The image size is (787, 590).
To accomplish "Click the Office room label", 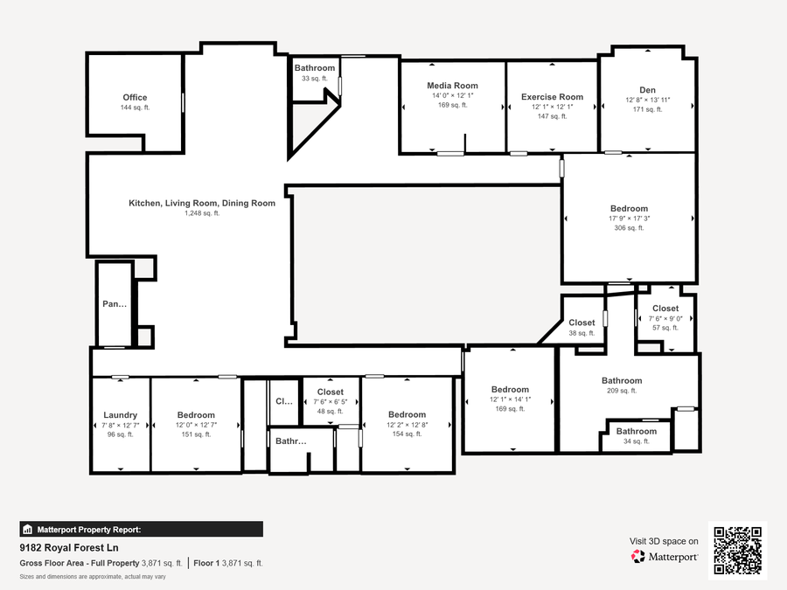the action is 135,97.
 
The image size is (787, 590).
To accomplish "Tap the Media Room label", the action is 452,86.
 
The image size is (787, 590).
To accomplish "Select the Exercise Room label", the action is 552,97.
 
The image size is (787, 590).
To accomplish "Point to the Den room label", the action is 647,90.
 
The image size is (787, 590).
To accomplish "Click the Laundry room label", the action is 120,415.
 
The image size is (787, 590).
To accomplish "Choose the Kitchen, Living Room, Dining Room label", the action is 202,203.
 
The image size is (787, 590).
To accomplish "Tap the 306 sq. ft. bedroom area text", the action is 629,228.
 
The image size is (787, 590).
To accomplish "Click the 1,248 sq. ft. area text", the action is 202,213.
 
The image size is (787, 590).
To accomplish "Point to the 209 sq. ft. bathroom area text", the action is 622,391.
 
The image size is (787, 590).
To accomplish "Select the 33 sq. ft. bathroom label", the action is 315,68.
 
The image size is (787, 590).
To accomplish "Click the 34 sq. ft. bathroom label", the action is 637,432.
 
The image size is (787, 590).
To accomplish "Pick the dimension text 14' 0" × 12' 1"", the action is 453,95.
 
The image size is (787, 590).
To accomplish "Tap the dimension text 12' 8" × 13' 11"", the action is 647,100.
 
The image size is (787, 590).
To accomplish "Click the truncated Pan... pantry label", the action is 115,303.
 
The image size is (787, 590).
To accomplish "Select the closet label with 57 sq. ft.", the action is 665,309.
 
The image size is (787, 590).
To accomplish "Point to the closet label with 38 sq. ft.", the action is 582,323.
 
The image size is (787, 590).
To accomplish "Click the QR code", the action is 738,551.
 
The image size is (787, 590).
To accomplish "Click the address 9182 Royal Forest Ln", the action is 69,547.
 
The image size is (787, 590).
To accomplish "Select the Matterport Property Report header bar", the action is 141,530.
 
